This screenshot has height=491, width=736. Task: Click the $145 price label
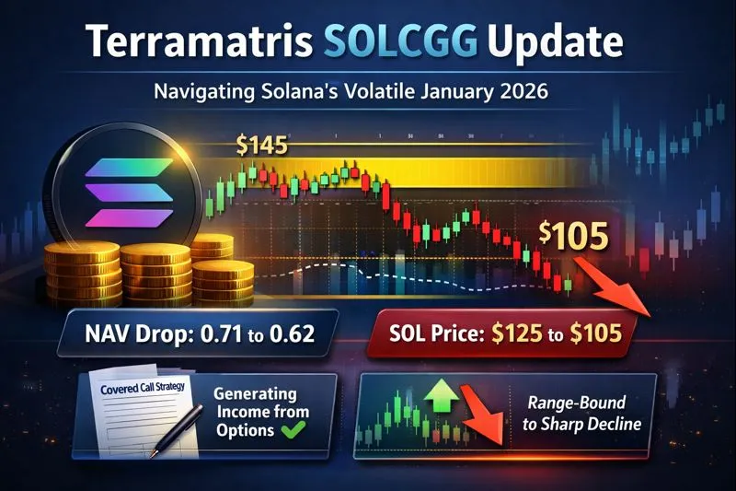point(261,145)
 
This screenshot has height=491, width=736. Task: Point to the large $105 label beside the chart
point(573,236)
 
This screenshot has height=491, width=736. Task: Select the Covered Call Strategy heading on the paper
point(136,392)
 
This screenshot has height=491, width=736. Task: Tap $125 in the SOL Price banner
point(513,333)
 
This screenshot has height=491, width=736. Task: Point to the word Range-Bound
point(579,403)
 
